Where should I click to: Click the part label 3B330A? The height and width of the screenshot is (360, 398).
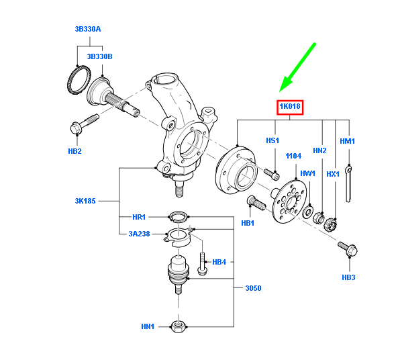point(88,30)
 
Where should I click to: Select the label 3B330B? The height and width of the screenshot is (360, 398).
point(99,56)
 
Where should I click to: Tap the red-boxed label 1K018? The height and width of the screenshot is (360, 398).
point(290,107)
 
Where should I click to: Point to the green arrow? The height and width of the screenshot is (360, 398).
point(297,67)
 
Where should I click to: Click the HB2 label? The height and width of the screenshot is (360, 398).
point(74,151)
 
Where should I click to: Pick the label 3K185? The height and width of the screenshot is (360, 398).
point(85,201)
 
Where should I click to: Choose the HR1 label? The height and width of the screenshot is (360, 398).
point(139,217)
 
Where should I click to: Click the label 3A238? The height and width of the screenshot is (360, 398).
point(139,234)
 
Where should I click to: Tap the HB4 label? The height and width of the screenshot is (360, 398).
point(219,262)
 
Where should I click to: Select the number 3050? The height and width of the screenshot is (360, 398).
point(253,288)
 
